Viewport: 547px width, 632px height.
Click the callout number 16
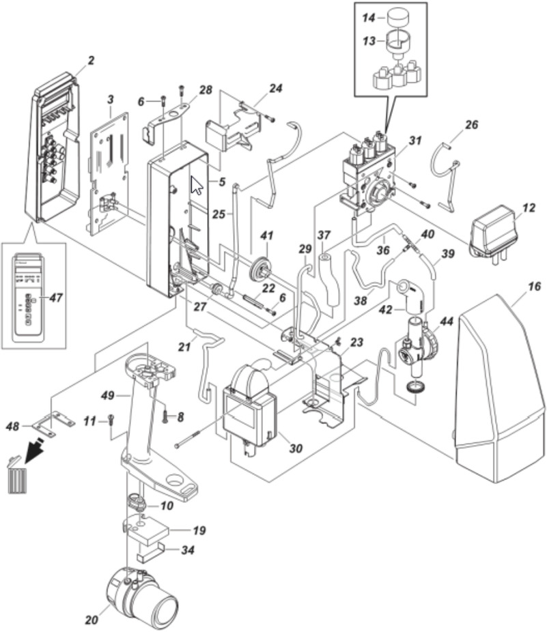tap(534, 286)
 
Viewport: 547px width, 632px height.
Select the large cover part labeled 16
tap(500, 382)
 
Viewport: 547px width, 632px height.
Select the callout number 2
tap(92, 61)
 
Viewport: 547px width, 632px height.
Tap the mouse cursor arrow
tap(196, 184)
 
